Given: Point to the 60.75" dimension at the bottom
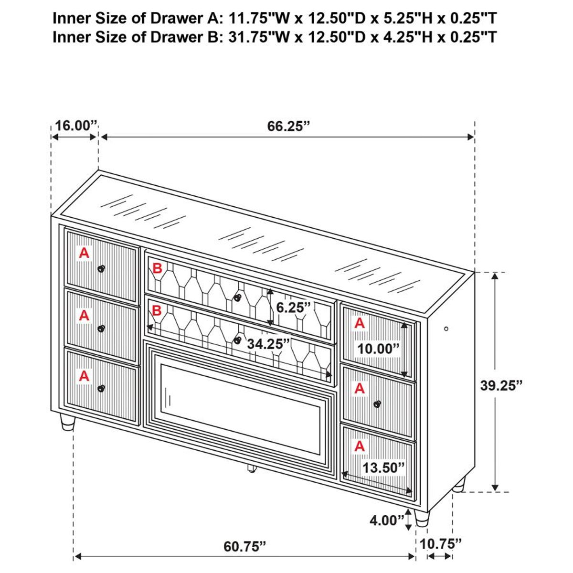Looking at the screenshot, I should pos(244,546).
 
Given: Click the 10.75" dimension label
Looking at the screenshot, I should pos(441,543).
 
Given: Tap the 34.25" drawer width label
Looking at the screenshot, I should pos(268,343).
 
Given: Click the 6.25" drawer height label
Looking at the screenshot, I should pos(293,307).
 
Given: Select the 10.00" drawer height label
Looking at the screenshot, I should pos(378,349).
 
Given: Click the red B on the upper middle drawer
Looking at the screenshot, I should pos(157,269).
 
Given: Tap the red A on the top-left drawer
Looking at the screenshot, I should pos(84,253).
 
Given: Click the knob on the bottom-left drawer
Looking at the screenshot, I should pos(101,388).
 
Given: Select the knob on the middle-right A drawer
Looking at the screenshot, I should pos(377,404).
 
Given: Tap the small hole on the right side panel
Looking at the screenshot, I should pos(446,329).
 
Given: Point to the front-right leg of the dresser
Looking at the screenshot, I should pos(422,518).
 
